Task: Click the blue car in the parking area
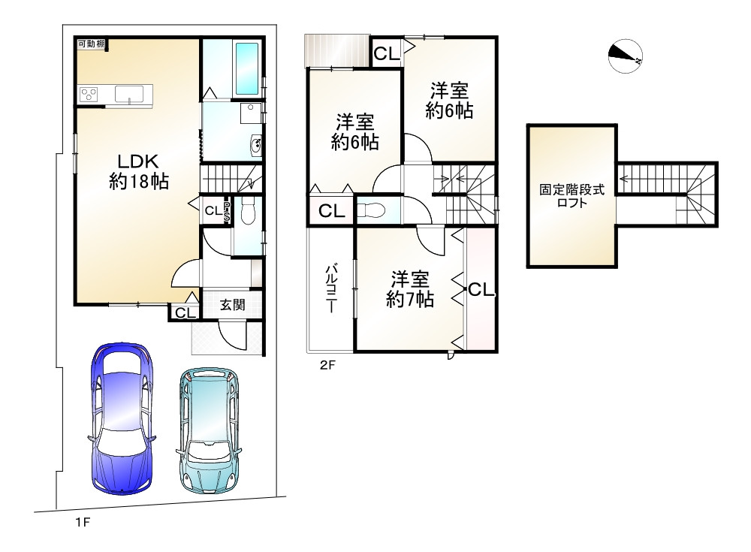122,418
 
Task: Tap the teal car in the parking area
210,431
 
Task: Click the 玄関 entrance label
232,305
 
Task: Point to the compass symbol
625,56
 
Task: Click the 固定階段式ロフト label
572,195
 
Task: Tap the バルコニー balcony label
330,288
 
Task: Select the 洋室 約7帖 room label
410,288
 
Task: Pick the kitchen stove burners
89,93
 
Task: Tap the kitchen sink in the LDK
129,95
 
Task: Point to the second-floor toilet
371,210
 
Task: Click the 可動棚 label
92,44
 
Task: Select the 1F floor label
83,522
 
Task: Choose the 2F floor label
328,366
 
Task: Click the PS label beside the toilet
227,211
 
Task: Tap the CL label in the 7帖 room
481,289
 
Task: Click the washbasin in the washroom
256,145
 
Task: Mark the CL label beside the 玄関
185,313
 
